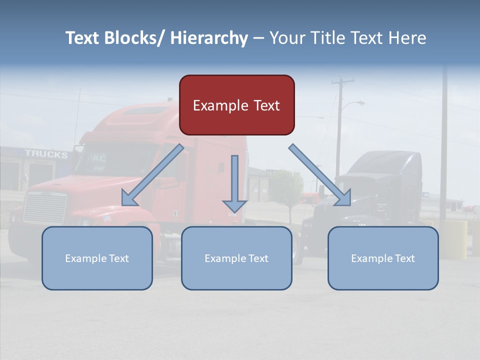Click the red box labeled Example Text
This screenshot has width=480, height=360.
coord(236,105)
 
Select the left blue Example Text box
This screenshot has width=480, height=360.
coord(97,258)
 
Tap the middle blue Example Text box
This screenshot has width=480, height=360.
coord(236,258)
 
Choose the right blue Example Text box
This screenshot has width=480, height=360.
coord(383,258)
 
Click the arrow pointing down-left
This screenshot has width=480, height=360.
coord(152,175)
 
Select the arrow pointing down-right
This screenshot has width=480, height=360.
coord(320,175)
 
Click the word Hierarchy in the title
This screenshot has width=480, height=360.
coord(209,38)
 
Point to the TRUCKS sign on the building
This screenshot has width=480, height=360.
coord(46,154)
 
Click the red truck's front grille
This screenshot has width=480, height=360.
coord(45,207)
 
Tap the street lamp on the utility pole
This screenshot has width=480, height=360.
coord(359,102)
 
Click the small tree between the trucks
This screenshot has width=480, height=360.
coord(287,187)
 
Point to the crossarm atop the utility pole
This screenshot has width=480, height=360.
coord(342,80)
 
